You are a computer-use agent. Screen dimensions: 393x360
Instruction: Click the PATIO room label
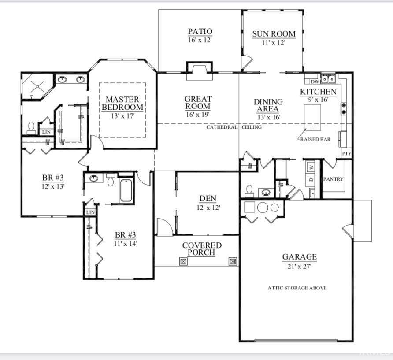(x=200, y=31)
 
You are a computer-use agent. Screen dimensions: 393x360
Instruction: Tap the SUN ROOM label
(x=274, y=34)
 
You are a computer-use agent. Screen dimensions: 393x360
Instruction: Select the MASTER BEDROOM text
(x=122, y=103)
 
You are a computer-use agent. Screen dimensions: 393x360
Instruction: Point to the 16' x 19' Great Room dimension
(x=198, y=115)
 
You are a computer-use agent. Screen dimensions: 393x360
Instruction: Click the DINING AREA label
(x=268, y=105)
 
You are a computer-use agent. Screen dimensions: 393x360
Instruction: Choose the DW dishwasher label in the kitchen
(x=315, y=82)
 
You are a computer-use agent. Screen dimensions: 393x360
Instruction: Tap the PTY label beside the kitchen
(x=347, y=153)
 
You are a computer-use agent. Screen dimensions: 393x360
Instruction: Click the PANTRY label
(x=333, y=179)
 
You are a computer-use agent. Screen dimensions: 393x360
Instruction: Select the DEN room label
(x=208, y=199)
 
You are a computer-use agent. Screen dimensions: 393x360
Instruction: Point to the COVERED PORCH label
(x=202, y=249)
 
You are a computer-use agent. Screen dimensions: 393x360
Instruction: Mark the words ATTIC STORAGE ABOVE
(x=297, y=288)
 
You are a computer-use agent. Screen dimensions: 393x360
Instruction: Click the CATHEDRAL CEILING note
(x=234, y=127)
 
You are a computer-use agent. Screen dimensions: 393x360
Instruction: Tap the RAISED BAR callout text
(x=315, y=139)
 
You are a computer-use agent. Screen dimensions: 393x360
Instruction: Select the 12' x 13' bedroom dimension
(x=53, y=186)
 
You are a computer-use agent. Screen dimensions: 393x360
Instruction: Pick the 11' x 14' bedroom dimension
(x=125, y=243)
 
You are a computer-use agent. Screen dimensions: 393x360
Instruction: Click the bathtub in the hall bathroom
(x=126, y=190)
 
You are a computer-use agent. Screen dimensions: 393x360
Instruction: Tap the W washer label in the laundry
(x=311, y=167)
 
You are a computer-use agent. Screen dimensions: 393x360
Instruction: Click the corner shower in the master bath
(x=37, y=86)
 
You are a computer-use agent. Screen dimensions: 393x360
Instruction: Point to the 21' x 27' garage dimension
(x=299, y=266)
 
